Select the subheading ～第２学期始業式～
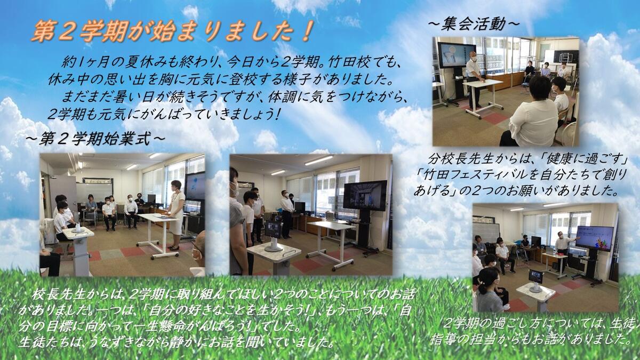click(x=95, y=139)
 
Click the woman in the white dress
click(x=176, y=215)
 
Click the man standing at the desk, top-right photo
click(x=475, y=79)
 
